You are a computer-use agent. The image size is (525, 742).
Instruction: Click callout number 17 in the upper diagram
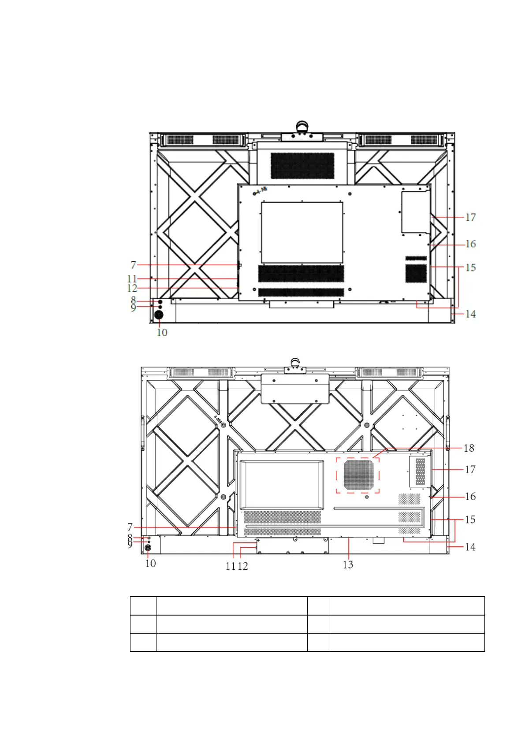click(470, 217)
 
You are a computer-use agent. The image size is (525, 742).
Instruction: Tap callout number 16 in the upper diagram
click(470, 244)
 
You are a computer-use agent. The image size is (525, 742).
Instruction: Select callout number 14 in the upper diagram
click(470, 314)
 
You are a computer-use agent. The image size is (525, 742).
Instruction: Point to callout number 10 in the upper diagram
click(162, 332)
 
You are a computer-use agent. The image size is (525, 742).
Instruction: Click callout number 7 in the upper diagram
click(133, 265)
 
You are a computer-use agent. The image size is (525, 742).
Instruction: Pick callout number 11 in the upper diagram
click(132, 279)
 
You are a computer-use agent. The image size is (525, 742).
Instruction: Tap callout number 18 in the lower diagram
click(469, 448)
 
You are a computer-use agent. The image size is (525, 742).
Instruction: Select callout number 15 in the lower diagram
click(470, 519)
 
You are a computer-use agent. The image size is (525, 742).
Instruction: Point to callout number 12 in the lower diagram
click(242, 566)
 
